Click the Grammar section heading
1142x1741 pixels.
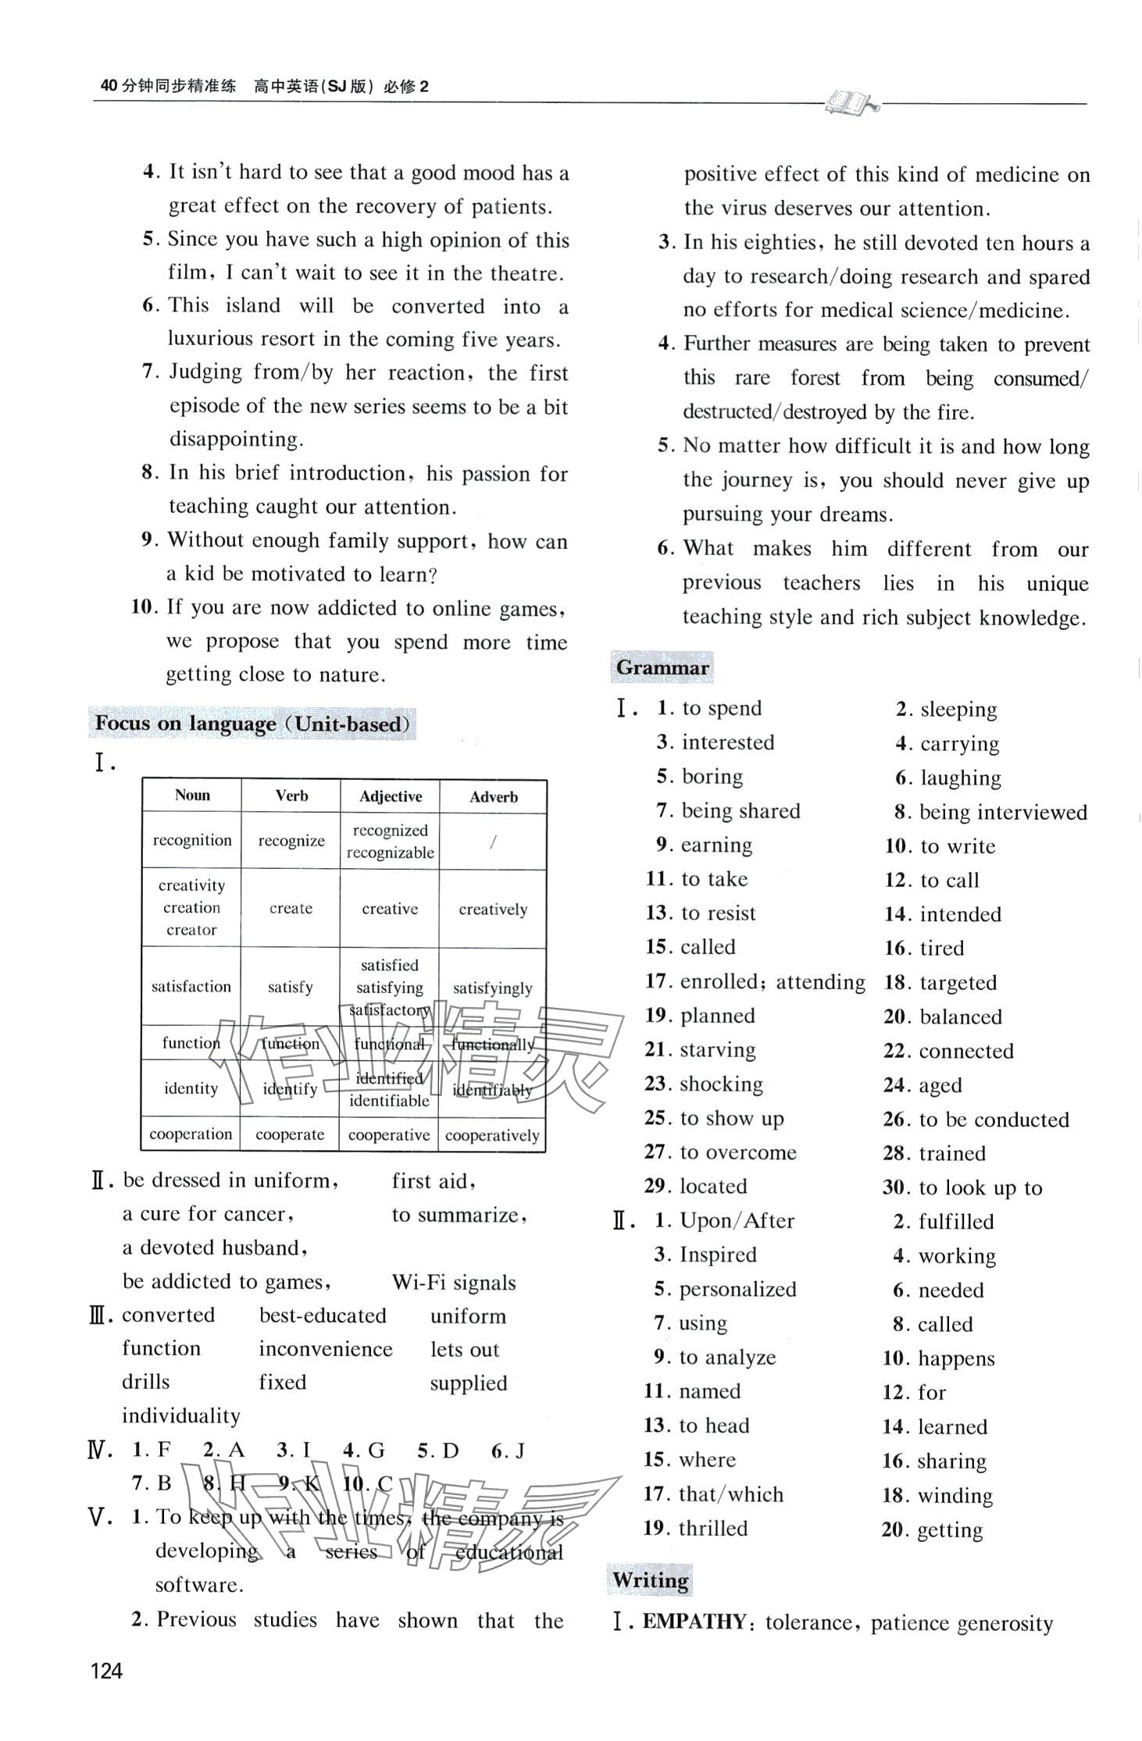coord(662,668)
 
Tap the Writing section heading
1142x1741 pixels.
coord(650,1581)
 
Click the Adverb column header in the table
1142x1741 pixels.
coord(493,797)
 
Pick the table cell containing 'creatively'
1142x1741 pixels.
coord(493,910)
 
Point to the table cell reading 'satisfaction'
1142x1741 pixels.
coord(191,987)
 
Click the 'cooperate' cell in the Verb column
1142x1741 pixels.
coord(290,1135)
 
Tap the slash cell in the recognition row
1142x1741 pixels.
coord(493,842)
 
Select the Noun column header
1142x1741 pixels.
coord(192,796)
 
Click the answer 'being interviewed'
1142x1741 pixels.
coord(1003,813)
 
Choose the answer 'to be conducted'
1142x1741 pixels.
coord(994,1120)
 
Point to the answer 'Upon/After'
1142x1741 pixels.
coord(737,1221)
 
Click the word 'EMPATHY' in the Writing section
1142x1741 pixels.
coord(694,1622)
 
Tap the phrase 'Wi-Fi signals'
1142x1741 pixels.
coord(454,1283)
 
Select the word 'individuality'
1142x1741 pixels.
coord(181,1416)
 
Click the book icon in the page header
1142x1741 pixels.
coord(851,102)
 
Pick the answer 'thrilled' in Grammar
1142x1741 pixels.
coord(713,1529)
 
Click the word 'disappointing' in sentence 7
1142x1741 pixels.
coord(235,440)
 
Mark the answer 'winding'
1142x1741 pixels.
coord(955,1496)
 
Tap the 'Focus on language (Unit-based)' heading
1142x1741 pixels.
coord(252,725)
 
